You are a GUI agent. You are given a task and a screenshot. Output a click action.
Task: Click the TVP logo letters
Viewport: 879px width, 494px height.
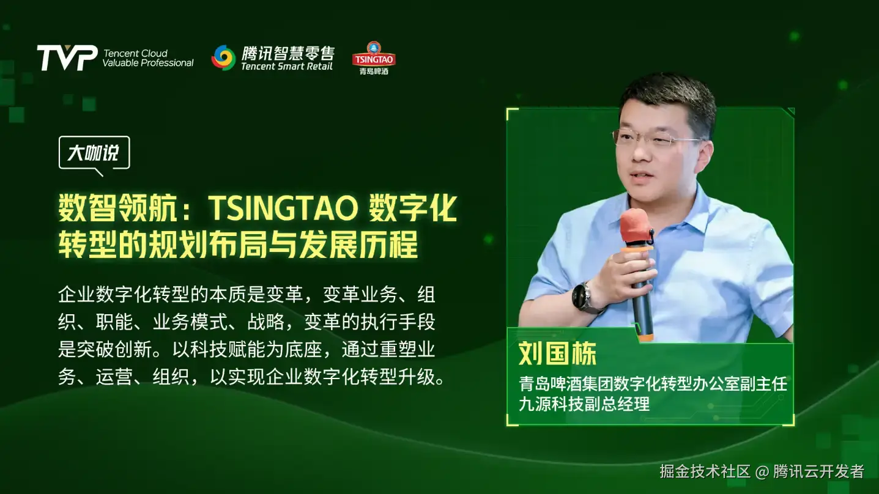pos(67,57)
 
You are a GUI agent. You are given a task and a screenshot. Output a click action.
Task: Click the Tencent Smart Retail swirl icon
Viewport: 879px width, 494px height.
pos(223,57)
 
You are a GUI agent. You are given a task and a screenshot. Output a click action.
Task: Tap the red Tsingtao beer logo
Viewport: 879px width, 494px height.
pos(374,59)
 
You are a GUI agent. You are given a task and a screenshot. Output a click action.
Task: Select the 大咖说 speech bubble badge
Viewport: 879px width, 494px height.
pos(94,153)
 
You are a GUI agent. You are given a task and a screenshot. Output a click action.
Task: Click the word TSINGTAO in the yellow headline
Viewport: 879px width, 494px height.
pos(283,208)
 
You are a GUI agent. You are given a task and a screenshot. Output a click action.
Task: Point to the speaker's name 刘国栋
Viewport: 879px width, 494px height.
pos(557,353)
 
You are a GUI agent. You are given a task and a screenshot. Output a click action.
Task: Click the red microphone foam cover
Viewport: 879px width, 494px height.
pos(635,226)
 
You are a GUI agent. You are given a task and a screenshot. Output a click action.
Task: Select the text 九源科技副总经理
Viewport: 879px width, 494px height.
pos(584,404)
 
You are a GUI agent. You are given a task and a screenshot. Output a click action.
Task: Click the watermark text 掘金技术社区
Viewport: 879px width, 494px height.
pos(705,471)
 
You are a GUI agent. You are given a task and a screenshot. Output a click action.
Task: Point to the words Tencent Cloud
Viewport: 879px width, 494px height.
pos(135,53)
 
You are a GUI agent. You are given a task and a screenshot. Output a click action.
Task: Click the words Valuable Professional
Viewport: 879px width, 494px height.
pos(148,63)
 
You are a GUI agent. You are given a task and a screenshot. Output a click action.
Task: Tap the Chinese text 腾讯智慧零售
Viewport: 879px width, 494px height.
pos(288,53)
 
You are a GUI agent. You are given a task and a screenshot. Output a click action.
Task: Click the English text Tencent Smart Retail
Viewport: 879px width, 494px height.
pos(287,67)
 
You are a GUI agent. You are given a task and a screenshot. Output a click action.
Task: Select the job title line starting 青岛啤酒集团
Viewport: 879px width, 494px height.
pos(653,384)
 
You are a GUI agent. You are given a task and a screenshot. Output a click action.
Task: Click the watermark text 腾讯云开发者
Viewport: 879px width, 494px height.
pos(818,471)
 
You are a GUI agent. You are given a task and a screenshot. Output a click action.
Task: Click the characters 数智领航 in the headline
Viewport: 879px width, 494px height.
pos(117,208)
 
